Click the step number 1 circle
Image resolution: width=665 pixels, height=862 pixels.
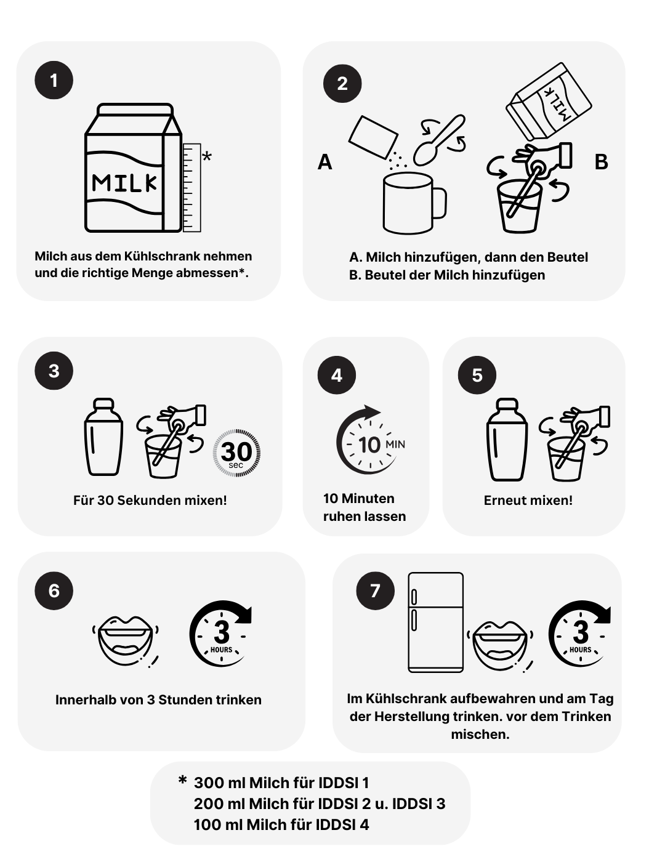click(x=54, y=80)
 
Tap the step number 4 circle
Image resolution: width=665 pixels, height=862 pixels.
click(x=337, y=375)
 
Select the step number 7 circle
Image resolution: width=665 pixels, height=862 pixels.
click(x=375, y=591)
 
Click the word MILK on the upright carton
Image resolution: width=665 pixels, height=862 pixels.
click(x=124, y=182)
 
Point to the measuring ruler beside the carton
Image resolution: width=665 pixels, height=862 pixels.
click(x=191, y=187)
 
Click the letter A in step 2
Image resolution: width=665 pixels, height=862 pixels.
click(x=324, y=162)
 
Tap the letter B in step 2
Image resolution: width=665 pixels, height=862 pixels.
click(x=601, y=162)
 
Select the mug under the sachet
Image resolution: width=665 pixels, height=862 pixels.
click(x=411, y=203)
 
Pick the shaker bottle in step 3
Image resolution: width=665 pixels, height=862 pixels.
click(x=103, y=437)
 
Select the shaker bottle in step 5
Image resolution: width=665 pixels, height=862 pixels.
click(x=507, y=439)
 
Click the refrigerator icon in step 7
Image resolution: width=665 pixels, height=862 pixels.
click(x=436, y=622)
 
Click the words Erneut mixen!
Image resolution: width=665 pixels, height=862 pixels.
click(x=528, y=500)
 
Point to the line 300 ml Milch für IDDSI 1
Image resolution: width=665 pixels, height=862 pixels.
click(x=281, y=783)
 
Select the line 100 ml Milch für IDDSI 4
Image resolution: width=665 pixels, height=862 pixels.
click(x=281, y=825)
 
